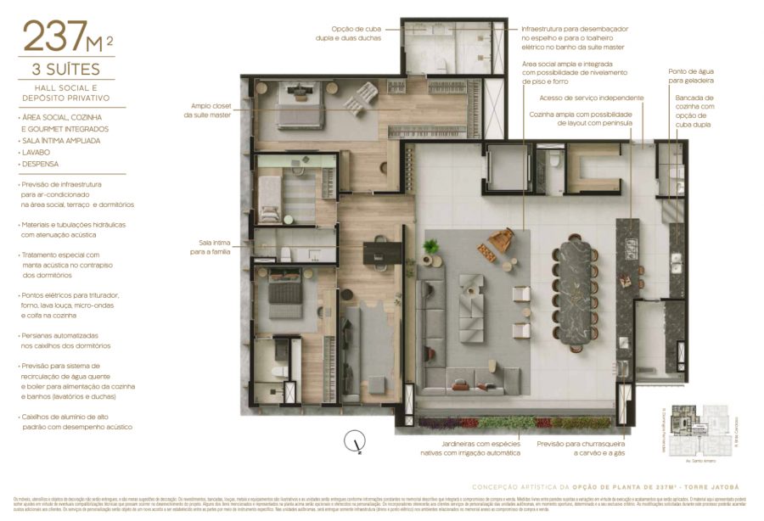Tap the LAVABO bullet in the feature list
point(38,152)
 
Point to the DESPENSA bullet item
point(42,164)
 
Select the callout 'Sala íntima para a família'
point(210,247)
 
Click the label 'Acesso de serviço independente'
point(591,98)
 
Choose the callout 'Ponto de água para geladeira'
point(690,76)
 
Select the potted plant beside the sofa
point(431,247)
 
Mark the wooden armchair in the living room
point(501,240)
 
